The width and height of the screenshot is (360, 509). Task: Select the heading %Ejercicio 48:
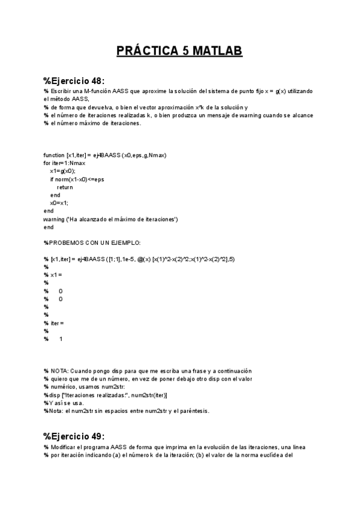click(74, 81)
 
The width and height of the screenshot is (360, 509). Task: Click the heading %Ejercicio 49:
click(74, 436)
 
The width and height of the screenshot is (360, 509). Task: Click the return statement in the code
click(65, 187)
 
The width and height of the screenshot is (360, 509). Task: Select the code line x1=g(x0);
click(63, 171)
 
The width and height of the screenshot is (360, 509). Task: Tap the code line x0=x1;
click(59, 203)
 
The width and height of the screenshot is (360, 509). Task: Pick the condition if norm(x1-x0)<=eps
click(77, 179)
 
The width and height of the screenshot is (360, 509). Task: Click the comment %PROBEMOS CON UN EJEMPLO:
click(92, 242)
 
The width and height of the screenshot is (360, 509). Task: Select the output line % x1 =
click(53, 275)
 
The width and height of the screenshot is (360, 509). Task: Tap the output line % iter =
click(54, 324)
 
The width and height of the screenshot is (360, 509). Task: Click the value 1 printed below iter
click(61, 340)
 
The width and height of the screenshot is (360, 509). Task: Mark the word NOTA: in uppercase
click(58, 372)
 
